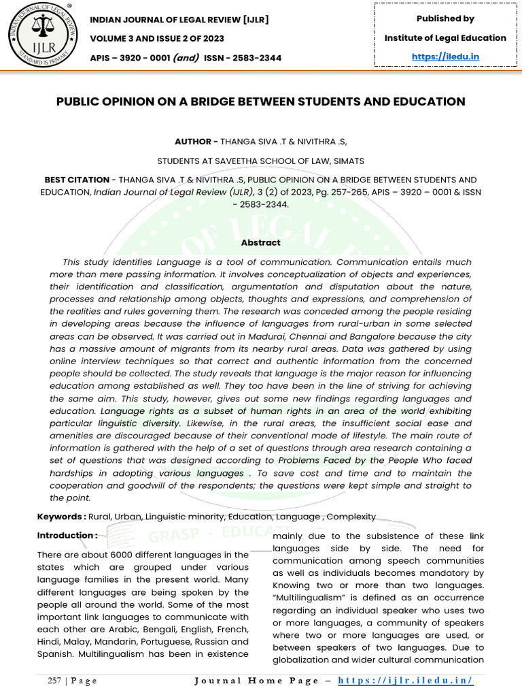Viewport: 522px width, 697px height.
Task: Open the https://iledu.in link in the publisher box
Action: (445, 56)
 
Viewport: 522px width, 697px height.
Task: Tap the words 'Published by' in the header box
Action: (445, 18)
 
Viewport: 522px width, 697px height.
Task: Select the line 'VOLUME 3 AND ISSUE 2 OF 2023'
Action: (166, 39)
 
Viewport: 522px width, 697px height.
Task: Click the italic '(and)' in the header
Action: (186, 58)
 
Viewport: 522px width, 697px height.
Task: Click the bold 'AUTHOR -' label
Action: (196, 142)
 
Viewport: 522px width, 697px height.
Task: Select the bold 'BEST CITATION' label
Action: (77, 180)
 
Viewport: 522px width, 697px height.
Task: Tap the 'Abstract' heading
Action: (260, 242)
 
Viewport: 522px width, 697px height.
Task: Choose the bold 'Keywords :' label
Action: (61, 517)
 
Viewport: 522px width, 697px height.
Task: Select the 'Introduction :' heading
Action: (67, 536)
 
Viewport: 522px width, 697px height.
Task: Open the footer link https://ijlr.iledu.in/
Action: (405, 681)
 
